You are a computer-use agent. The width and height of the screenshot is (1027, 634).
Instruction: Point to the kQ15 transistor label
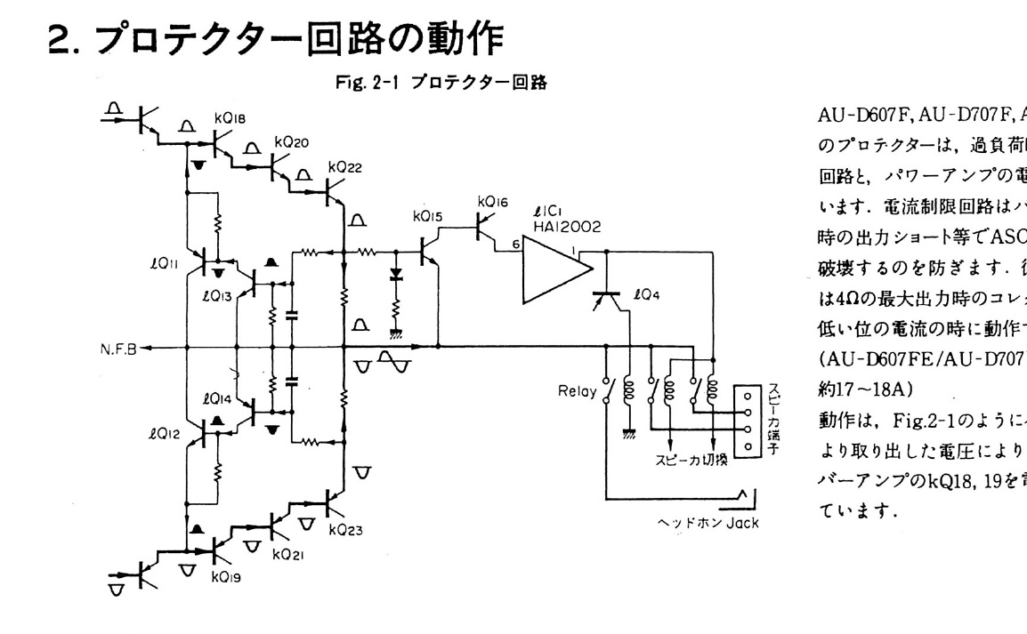427,215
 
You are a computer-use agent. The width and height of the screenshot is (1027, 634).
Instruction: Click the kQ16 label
491,202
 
